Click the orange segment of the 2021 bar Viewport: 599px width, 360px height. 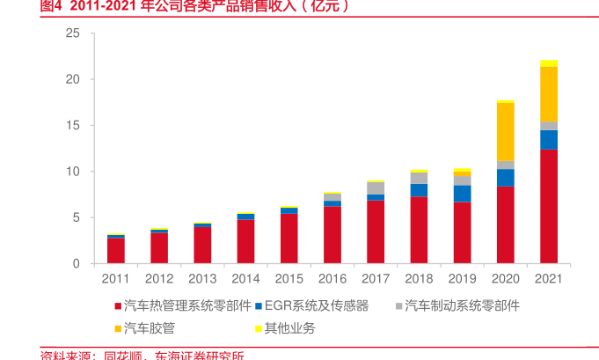[x=549, y=94]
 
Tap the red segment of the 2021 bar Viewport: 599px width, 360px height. [x=549, y=206]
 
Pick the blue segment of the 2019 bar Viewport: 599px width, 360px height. [x=462, y=194]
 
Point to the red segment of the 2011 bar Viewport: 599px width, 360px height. [x=116, y=251]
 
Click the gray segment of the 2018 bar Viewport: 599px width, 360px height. [x=419, y=178]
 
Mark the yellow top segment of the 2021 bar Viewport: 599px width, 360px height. [x=549, y=63]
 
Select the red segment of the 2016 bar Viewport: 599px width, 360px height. [x=332, y=235]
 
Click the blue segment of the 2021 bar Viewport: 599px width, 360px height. [x=549, y=140]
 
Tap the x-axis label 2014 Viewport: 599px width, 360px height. [x=245, y=278]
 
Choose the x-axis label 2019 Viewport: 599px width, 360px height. [x=462, y=278]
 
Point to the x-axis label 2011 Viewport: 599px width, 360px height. [x=116, y=278]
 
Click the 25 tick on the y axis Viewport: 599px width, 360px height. [x=73, y=33]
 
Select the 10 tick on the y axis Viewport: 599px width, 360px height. [x=73, y=172]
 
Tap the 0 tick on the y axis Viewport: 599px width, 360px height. [x=77, y=264]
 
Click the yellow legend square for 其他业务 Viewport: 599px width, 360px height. [x=259, y=329]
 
